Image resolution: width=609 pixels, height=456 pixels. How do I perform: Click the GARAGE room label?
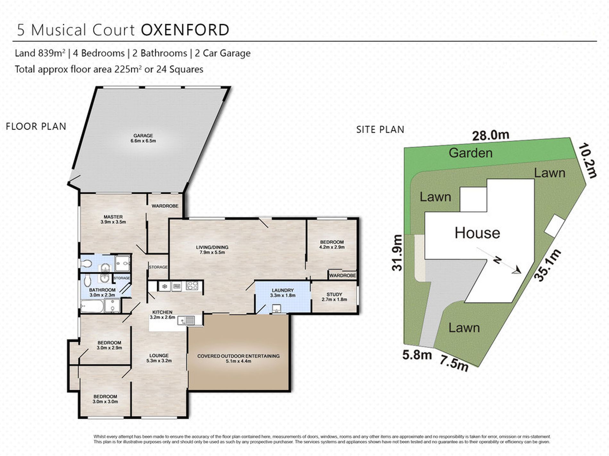pyautogui.click(x=143, y=135)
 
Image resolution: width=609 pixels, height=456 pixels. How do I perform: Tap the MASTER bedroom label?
pyautogui.click(x=113, y=217)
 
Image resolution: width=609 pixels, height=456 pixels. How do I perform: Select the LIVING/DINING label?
pyautogui.click(x=212, y=247)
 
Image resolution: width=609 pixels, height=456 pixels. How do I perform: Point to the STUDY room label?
pyautogui.click(x=334, y=294)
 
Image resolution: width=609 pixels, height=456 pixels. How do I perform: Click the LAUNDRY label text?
pyautogui.click(x=283, y=290)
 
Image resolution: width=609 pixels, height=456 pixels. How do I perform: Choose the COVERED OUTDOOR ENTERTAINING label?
pyautogui.click(x=238, y=356)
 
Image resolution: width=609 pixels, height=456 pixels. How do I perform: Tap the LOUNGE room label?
pyautogui.click(x=159, y=355)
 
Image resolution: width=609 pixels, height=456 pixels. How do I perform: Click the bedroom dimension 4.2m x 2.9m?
pyautogui.click(x=332, y=247)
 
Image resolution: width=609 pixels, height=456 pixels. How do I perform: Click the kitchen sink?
pyautogui.click(x=186, y=320)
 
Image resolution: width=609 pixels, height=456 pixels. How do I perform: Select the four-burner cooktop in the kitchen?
pyautogui.click(x=192, y=285)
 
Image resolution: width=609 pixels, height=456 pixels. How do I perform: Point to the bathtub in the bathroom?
pyautogui.click(x=92, y=306)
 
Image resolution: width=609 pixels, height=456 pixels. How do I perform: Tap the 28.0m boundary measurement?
pyautogui.click(x=491, y=135)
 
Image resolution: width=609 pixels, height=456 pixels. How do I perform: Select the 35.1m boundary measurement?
pyautogui.click(x=548, y=265)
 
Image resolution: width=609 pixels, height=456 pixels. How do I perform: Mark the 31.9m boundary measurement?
pyautogui.click(x=397, y=253)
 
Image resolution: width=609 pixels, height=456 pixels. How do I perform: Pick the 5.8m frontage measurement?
pyautogui.click(x=417, y=355)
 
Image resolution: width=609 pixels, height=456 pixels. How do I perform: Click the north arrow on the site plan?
pyautogui.click(x=499, y=260)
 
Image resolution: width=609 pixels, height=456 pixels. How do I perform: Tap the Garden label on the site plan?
pyautogui.click(x=471, y=153)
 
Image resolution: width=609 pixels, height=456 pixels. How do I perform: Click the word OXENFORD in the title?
pyautogui.click(x=185, y=30)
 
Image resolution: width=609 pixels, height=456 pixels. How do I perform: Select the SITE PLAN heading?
pyautogui.click(x=380, y=130)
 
